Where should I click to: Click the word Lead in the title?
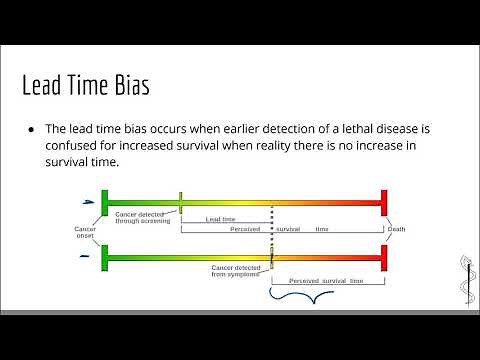pyautogui.click(x=43, y=86)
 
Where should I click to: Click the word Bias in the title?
pyautogui.click(x=130, y=86)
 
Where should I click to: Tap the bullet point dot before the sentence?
pyautogui.click(x=32, y=130)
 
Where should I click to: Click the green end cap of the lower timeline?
pyautogui.click(x=104, y=260)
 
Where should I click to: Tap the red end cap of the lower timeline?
pyautogui.click(x=383, y=260)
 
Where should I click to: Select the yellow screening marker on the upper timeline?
pyautogui.click(x=180, y=202)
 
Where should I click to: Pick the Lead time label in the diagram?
pyautogui.click(x=220, y=219)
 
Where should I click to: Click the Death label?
pyautogui.click(x=397, y=229)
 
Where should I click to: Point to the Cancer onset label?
pyautogui.click(x=85, y=232)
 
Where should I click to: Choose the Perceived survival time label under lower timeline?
pyautogui.click(x=326, y=281)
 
